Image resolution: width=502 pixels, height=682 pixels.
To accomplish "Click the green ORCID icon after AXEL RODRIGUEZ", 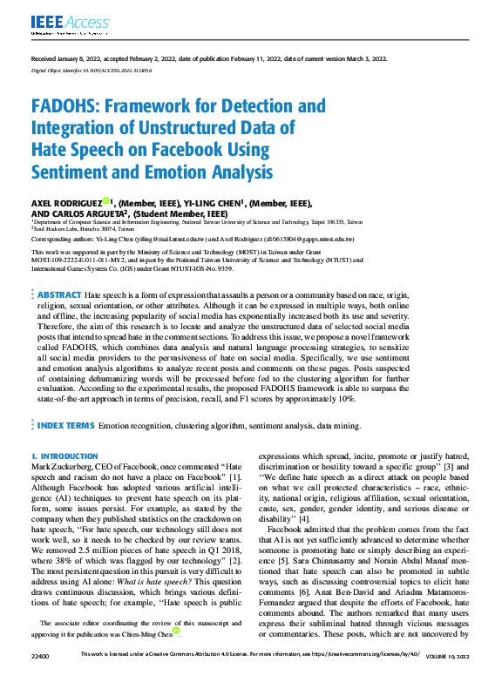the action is click(105, 202).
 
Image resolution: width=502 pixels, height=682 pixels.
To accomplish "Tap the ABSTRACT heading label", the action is click(60, 296).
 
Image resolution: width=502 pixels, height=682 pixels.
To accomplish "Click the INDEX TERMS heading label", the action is click(66, 425).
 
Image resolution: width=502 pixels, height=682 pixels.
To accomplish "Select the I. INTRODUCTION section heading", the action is click(64, 456).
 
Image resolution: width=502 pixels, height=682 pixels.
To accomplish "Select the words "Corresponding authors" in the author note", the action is click(65, 236).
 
